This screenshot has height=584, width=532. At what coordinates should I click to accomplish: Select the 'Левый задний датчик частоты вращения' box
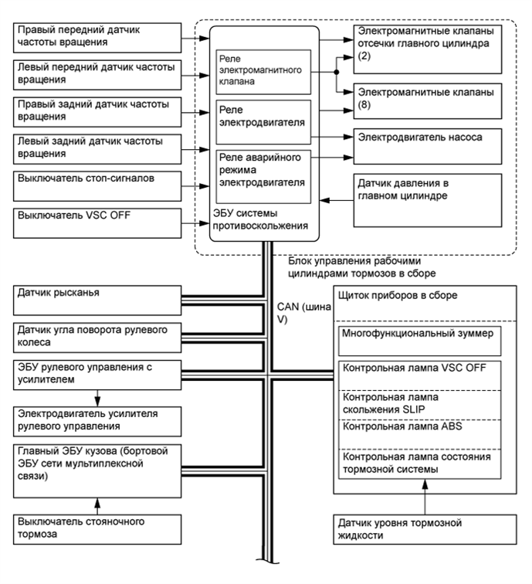tap(96, 146)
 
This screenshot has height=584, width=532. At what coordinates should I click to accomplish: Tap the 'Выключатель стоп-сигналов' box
tap(96, 182)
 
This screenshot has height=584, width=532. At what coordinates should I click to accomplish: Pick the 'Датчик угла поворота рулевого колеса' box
tap(96, 337)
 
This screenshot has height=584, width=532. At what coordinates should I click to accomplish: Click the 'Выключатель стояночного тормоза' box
tap(96, 528)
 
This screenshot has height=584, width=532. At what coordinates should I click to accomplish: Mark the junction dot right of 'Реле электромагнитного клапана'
tap(337, 72)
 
